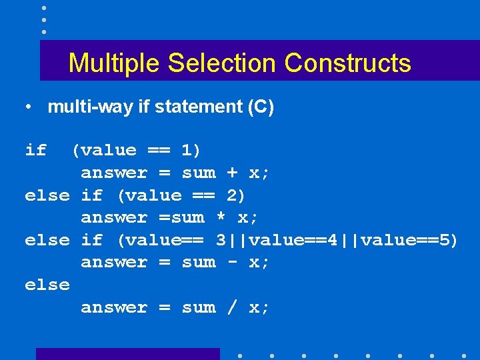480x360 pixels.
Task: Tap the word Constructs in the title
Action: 347,63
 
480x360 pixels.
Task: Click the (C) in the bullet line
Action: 260,107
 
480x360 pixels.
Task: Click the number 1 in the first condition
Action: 187,151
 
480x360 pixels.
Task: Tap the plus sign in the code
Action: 232,173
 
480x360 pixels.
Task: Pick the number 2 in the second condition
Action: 233,195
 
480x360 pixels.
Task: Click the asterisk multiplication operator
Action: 221,218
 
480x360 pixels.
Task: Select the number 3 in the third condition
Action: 221,240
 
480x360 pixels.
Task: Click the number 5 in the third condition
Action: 445,240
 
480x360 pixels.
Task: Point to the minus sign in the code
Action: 232,262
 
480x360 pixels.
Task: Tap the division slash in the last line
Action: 232,307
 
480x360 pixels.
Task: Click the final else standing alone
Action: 47,285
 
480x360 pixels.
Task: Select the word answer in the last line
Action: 114,307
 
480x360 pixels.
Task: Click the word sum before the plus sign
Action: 199,173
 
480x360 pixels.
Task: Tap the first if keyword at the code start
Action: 35,151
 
